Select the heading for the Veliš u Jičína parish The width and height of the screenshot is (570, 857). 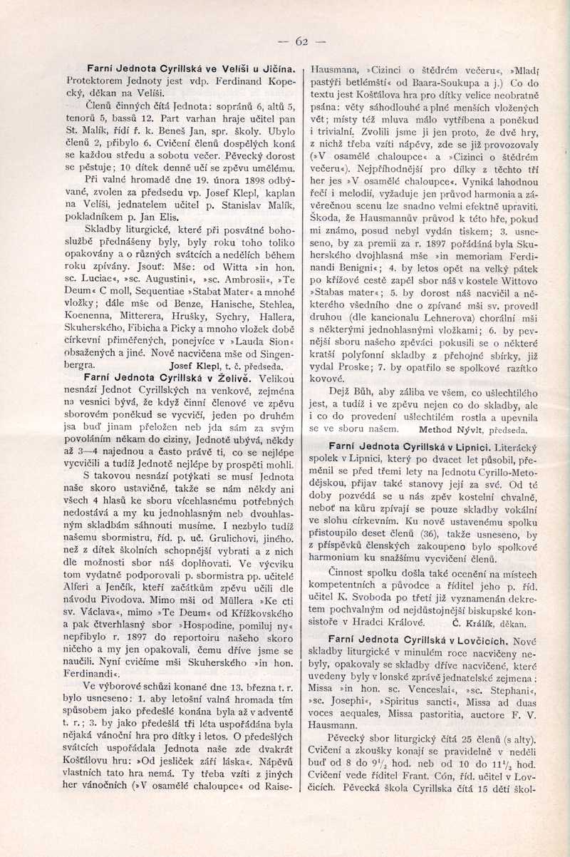click(x=181, y=69)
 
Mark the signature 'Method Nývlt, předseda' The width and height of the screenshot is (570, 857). click(x=472, y=430)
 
